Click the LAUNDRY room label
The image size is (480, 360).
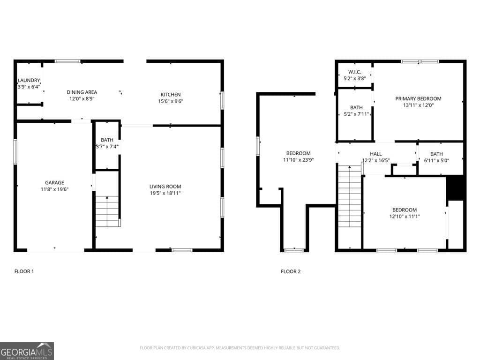point(29,80)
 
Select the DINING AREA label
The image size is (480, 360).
point(82,92)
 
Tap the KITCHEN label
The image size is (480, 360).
point(169,95)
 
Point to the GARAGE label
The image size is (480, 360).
point(54,183)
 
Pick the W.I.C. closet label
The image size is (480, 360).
point(354,72)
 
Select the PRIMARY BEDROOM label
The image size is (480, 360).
point(418,99)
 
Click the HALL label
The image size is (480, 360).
point(375,154)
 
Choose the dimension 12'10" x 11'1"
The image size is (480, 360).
point(404,217)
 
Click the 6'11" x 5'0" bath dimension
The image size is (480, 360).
point(436,160)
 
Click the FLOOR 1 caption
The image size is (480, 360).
point(24,271)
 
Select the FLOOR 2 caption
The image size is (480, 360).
point(291,271)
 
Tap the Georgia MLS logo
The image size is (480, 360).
point(27,351)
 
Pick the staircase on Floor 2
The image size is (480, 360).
point(349,197)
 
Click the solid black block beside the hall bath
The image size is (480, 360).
point(455,187)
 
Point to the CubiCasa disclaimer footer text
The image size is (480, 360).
point(240,348)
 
